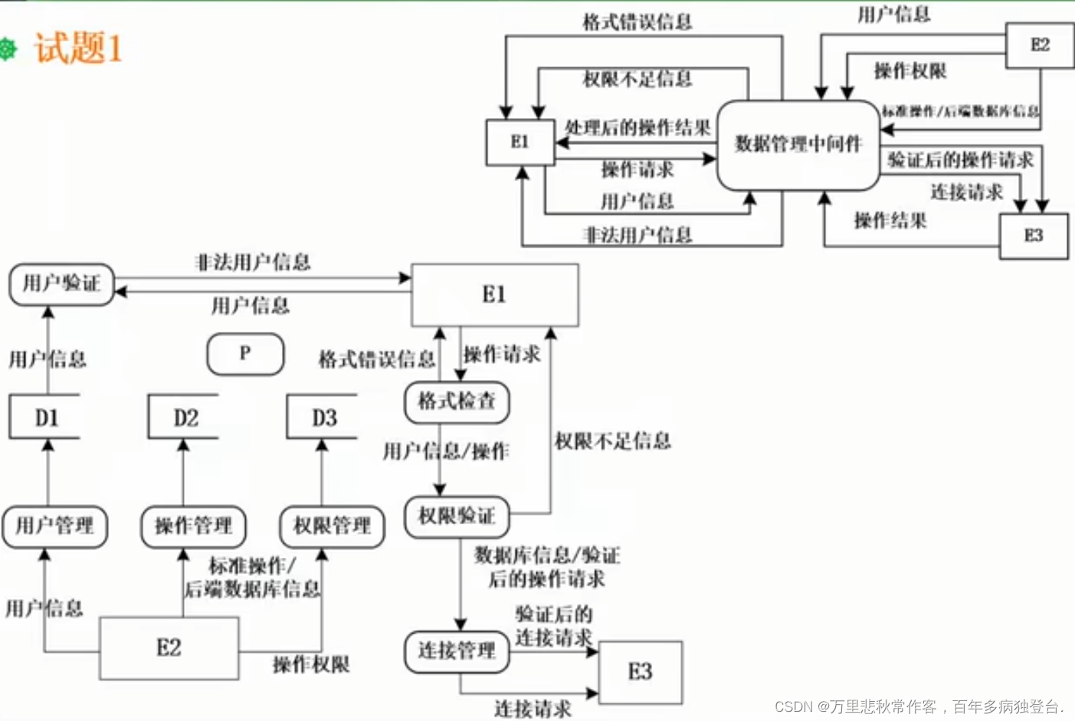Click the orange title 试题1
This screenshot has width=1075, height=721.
(78, 49)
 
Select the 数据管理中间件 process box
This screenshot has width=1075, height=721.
(798, 144)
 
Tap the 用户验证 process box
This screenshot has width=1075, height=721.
(61, 283)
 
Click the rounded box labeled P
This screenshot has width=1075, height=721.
(245, 354)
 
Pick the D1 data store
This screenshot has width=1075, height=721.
(45, 418)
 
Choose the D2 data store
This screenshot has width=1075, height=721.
(185, 418)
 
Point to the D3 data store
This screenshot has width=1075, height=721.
(323, 418)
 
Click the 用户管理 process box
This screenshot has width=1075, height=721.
(54, 526)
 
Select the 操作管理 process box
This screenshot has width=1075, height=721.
(193, 526)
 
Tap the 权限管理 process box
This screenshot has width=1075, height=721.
(332, 526)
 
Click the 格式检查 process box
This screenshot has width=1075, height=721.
(457, 401)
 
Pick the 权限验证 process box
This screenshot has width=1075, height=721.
(457, 516)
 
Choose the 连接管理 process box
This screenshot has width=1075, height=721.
(457, 651)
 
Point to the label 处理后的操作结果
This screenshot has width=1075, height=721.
(637, 127)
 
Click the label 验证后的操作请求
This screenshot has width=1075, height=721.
(960, 159)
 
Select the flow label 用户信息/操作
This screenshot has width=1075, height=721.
(445, 451)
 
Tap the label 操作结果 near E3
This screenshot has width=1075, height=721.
(890, 221)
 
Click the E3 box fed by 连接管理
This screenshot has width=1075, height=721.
(641, 672)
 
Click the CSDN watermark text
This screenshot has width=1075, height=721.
(919, 706)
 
